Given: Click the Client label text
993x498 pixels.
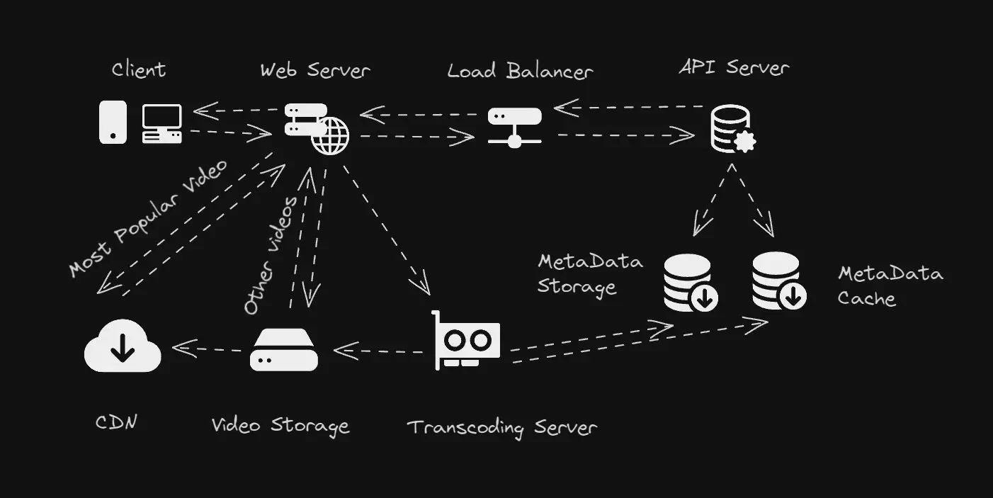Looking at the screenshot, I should click(x=139, y=69).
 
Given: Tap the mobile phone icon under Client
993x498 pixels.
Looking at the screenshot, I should click(x=113, y=122).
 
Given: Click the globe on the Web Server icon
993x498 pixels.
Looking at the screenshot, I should click(x=330, y=136).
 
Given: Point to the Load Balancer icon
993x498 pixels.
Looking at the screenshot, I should click(x=515, y=127).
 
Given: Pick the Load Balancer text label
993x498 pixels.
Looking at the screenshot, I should click(x=520, y=71).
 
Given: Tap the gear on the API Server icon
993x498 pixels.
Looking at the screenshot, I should click(x=745, y=142).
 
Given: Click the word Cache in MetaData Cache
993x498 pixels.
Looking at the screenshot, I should click(x=866, y=298).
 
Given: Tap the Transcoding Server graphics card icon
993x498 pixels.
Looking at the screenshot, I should click(x=467, y=341).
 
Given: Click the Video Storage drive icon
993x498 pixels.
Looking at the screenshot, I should click(x=284, y=349).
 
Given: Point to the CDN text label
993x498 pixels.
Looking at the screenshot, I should click(x=116, y=423).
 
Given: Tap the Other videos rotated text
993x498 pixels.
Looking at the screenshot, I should click(x=271, y=255).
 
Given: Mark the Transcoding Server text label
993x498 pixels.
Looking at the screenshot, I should click(x=501, y=428).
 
